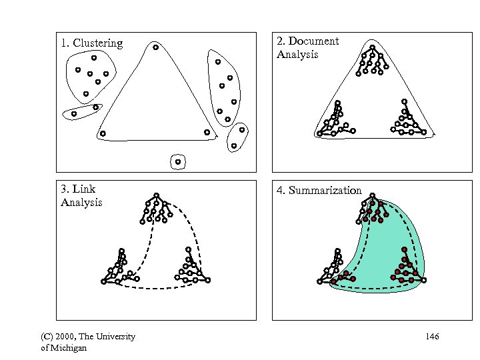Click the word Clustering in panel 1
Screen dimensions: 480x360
click(x=98, y=43)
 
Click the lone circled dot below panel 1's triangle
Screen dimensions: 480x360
click(x=177, y=161)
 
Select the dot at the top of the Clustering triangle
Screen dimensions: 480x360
click(x=155, y=47)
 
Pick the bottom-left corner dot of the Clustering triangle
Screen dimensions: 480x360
click(x=103, y=134)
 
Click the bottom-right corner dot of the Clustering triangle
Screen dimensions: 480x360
click(x=207, y=133)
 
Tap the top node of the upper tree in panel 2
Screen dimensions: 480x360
click(x=372, y=47)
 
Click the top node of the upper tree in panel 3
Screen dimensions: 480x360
click(x=156, y=196)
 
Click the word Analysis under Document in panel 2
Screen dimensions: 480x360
click(x=297, y=55)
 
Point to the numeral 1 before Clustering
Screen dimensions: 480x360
click(x=63, y=43)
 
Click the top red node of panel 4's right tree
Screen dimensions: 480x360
click(x=404, y=249)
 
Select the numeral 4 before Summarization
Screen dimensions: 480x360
click(x=281, y=191)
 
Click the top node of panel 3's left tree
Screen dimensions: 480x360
click(x=121, y=250)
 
